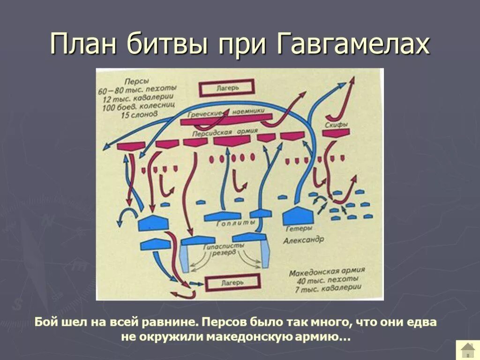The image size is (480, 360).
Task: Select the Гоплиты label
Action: (x=236, y=223)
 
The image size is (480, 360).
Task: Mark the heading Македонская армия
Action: (x=327, y=272)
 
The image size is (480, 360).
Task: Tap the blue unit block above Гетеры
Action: (x=299, y=215)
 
